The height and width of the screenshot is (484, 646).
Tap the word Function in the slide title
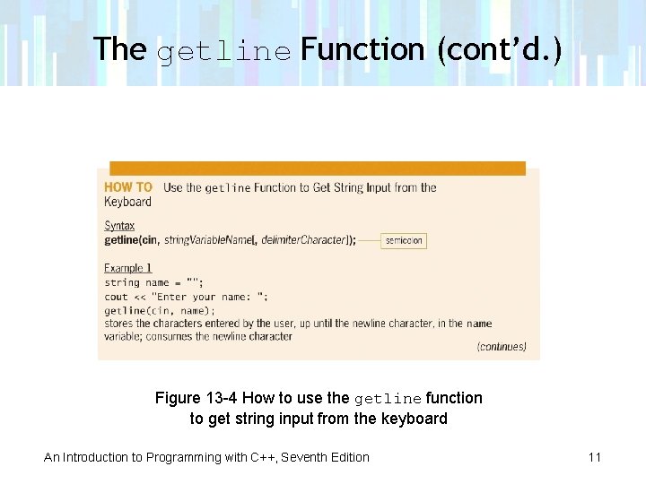(x=362, y=49)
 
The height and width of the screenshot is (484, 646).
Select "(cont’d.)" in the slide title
(x=499, y=49)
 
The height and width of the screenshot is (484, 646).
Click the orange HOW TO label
(x=128, y=187)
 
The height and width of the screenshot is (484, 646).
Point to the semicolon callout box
(x=404, y=240)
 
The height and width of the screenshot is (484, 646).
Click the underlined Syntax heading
(x=119, y=226)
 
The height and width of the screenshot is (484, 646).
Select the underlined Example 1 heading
(x=128, y=268)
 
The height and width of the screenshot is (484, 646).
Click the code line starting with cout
(x=186, y=297)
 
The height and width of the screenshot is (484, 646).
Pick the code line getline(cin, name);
(x=160, y=310)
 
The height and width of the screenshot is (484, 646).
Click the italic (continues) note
(x=502, y=347)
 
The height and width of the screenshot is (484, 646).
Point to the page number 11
(x=594, y=457)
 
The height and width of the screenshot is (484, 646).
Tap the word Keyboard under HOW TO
(x=127, y=202)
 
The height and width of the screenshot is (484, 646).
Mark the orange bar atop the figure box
(x=318, y=168)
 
